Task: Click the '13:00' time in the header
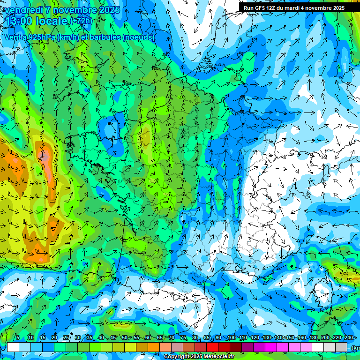click(19, 22)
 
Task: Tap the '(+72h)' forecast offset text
click(81, 21)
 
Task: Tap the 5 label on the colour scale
click(18, 338)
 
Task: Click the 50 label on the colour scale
click(124, 338)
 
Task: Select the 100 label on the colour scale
click(231, 338)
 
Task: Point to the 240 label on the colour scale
click(348, 338)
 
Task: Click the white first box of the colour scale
click(13, 347)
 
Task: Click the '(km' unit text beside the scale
click(355, 348)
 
